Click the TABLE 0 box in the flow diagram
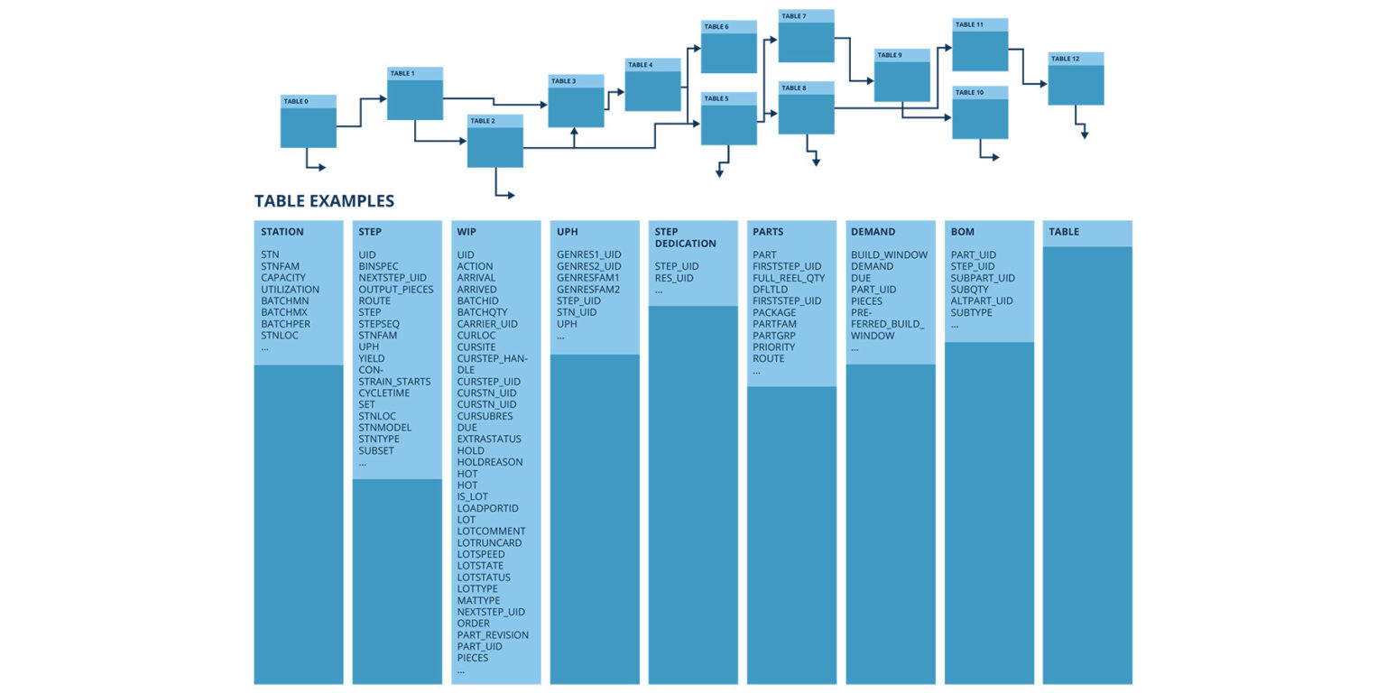[x=308, y=122]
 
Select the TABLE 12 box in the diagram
[x=1076, y=79]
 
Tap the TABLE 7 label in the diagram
[x=794, y=16]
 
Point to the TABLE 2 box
[x=494, y=142]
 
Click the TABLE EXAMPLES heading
[x=324, y=201]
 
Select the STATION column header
[x=282, y=232]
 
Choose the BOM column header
[x=963, y=232]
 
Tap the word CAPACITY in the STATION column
[x=283, y=278]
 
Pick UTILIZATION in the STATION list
[x=290, y=290]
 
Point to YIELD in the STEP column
[x=371, y=358]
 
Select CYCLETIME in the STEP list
[x=383, y=393]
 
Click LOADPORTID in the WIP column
[x=487, y=508]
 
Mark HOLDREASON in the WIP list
[x=489, y=462]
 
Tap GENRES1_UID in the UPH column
[x=588, y=254]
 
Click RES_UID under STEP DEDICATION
[x=674, y=278]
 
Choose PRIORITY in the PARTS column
[x=773, y=346]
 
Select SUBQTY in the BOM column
[x=971, y=290]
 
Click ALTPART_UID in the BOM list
[x=982, y=300]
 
